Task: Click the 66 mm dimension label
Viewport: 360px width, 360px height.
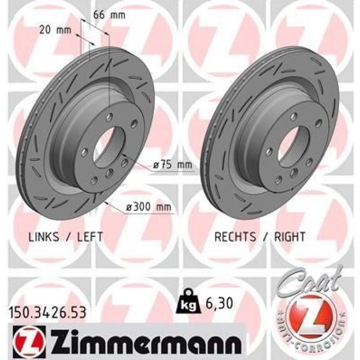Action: tap(109, 15)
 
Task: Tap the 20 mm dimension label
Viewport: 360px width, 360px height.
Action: tap(55, 30)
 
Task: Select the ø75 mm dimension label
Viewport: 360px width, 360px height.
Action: tap(172, 165)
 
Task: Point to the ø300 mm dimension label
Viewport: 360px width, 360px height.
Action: tap(149, 207)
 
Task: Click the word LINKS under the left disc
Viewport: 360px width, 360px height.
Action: tap(44, 237)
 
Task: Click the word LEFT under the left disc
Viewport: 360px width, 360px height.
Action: tap(90, 237)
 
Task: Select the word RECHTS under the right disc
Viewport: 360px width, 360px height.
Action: tap(235, 237)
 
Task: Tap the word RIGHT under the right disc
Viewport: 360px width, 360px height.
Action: tap(290, 237)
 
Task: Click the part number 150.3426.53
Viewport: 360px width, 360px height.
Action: tap(47, 313)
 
